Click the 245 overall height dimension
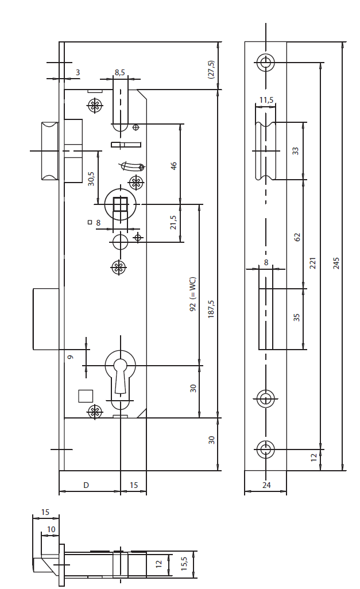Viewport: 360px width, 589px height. pyautogui.click(x=337, y=263)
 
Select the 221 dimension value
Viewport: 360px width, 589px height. pyautogui.click(x=313, y=263)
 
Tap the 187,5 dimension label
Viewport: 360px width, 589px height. pyautogui.click(x=211, y=311)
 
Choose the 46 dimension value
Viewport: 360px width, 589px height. pyautogui.click(x=174, y=165)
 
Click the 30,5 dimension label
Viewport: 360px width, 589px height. pyautogui.click(x=91, y=179)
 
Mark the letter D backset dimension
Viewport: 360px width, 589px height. pyautogui.click(x=86, y=486)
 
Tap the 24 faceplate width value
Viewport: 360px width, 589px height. pyautogui.click(x=266, y=486)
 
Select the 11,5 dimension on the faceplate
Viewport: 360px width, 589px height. pyautogui.click(x=266, y=100)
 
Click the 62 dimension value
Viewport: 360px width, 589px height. pyautogui.click(x=297, y=237)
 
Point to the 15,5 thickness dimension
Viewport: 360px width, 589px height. pyautogui.click(x=184, y=565)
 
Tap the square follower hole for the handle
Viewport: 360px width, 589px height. pyautogui.click(x=120, y=204)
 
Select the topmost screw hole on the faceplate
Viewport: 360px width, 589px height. pyautogui.click(x=265, y=62)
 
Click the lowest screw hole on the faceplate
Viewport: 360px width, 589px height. pyautogui.click(x=265, y=448)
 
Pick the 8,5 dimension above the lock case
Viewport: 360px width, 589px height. pyautogui.click(x=120, y=72)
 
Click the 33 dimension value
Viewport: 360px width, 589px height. pyautogui.click(x=296, y=151)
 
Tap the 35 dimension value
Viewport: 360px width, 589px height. pyautogui.click(x=297, y=317)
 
